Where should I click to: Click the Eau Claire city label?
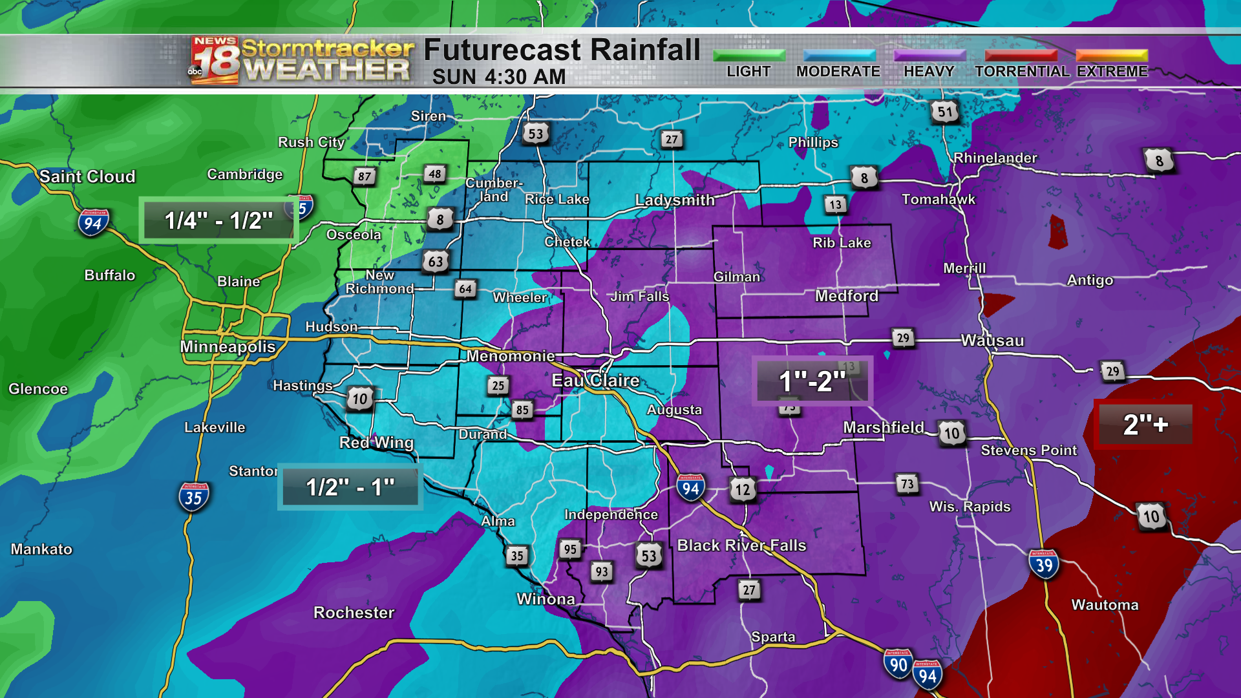pos(595,381)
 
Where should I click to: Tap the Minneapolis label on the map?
pos(228,347)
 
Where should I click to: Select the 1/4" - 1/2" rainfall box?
pos(218,220)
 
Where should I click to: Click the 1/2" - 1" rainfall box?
pos(350,487)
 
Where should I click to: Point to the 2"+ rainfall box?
pos(1144,425)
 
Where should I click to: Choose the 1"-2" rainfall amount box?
pos(812,381)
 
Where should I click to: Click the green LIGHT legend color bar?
pos(748,56)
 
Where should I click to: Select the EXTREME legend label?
pos(1112,72)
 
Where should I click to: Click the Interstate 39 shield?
pos(1044,565)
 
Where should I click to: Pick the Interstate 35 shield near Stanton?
pos(193,497)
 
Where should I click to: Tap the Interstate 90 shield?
pos(898,664)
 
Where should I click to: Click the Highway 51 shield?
pos(944,112)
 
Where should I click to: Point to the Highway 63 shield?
pos(436,262)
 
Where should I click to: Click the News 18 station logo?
pos(215,60)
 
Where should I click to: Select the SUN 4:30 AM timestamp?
pos(498,77)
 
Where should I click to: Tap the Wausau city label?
pos(992,341)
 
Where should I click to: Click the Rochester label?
pos(354,613)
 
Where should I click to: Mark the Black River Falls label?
pos(741,545)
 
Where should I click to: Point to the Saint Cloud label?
pos(87,176)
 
